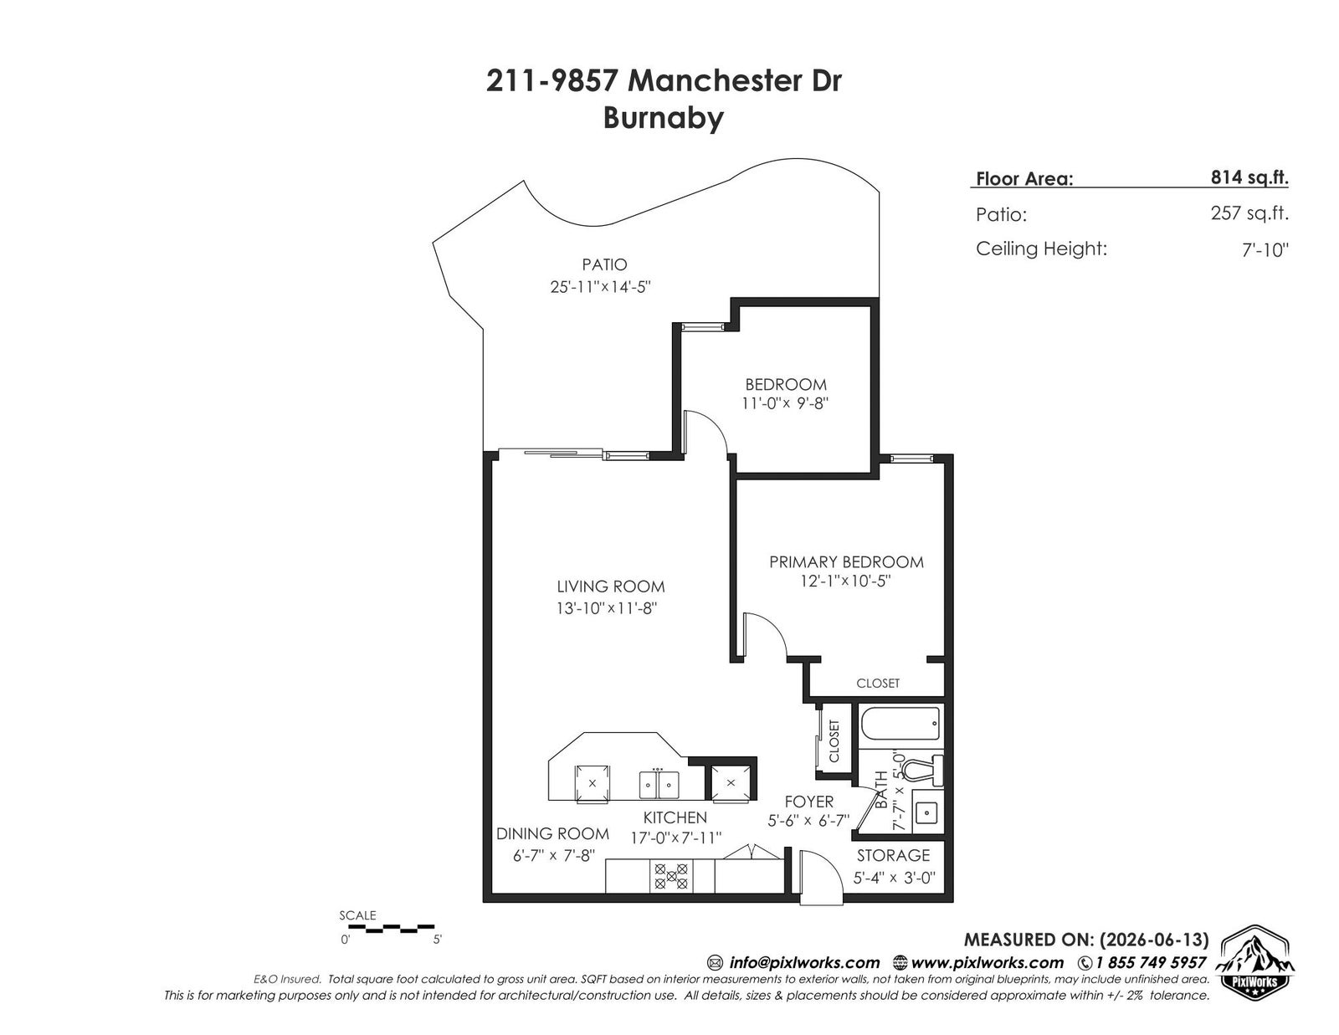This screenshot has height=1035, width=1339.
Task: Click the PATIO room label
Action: [604, 264]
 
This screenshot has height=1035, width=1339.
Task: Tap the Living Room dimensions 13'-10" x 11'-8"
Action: [607, 608]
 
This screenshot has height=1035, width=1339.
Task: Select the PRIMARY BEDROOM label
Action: [846, 562]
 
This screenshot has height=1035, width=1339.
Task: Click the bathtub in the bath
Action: [900, 724]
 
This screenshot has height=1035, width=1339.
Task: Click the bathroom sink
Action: [926, 812]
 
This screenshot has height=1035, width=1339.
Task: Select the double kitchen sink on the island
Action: [659, 784]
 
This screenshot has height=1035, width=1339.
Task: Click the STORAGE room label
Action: [893, 855]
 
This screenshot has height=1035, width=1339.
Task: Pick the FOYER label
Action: [809, 802]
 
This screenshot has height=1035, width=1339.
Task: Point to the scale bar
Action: [387, 927]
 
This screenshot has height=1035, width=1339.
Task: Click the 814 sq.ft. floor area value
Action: [1249, 177]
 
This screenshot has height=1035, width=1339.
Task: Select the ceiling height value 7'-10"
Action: [1265, 249]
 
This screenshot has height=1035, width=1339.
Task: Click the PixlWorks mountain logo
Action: [1257, 964]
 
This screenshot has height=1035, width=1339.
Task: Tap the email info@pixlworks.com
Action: [803, 962]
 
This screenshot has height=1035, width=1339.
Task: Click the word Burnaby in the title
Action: [663, 118]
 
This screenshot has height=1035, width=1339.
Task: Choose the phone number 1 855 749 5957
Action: [1149, 962]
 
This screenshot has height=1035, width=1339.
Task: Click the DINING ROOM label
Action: [552, 833]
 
